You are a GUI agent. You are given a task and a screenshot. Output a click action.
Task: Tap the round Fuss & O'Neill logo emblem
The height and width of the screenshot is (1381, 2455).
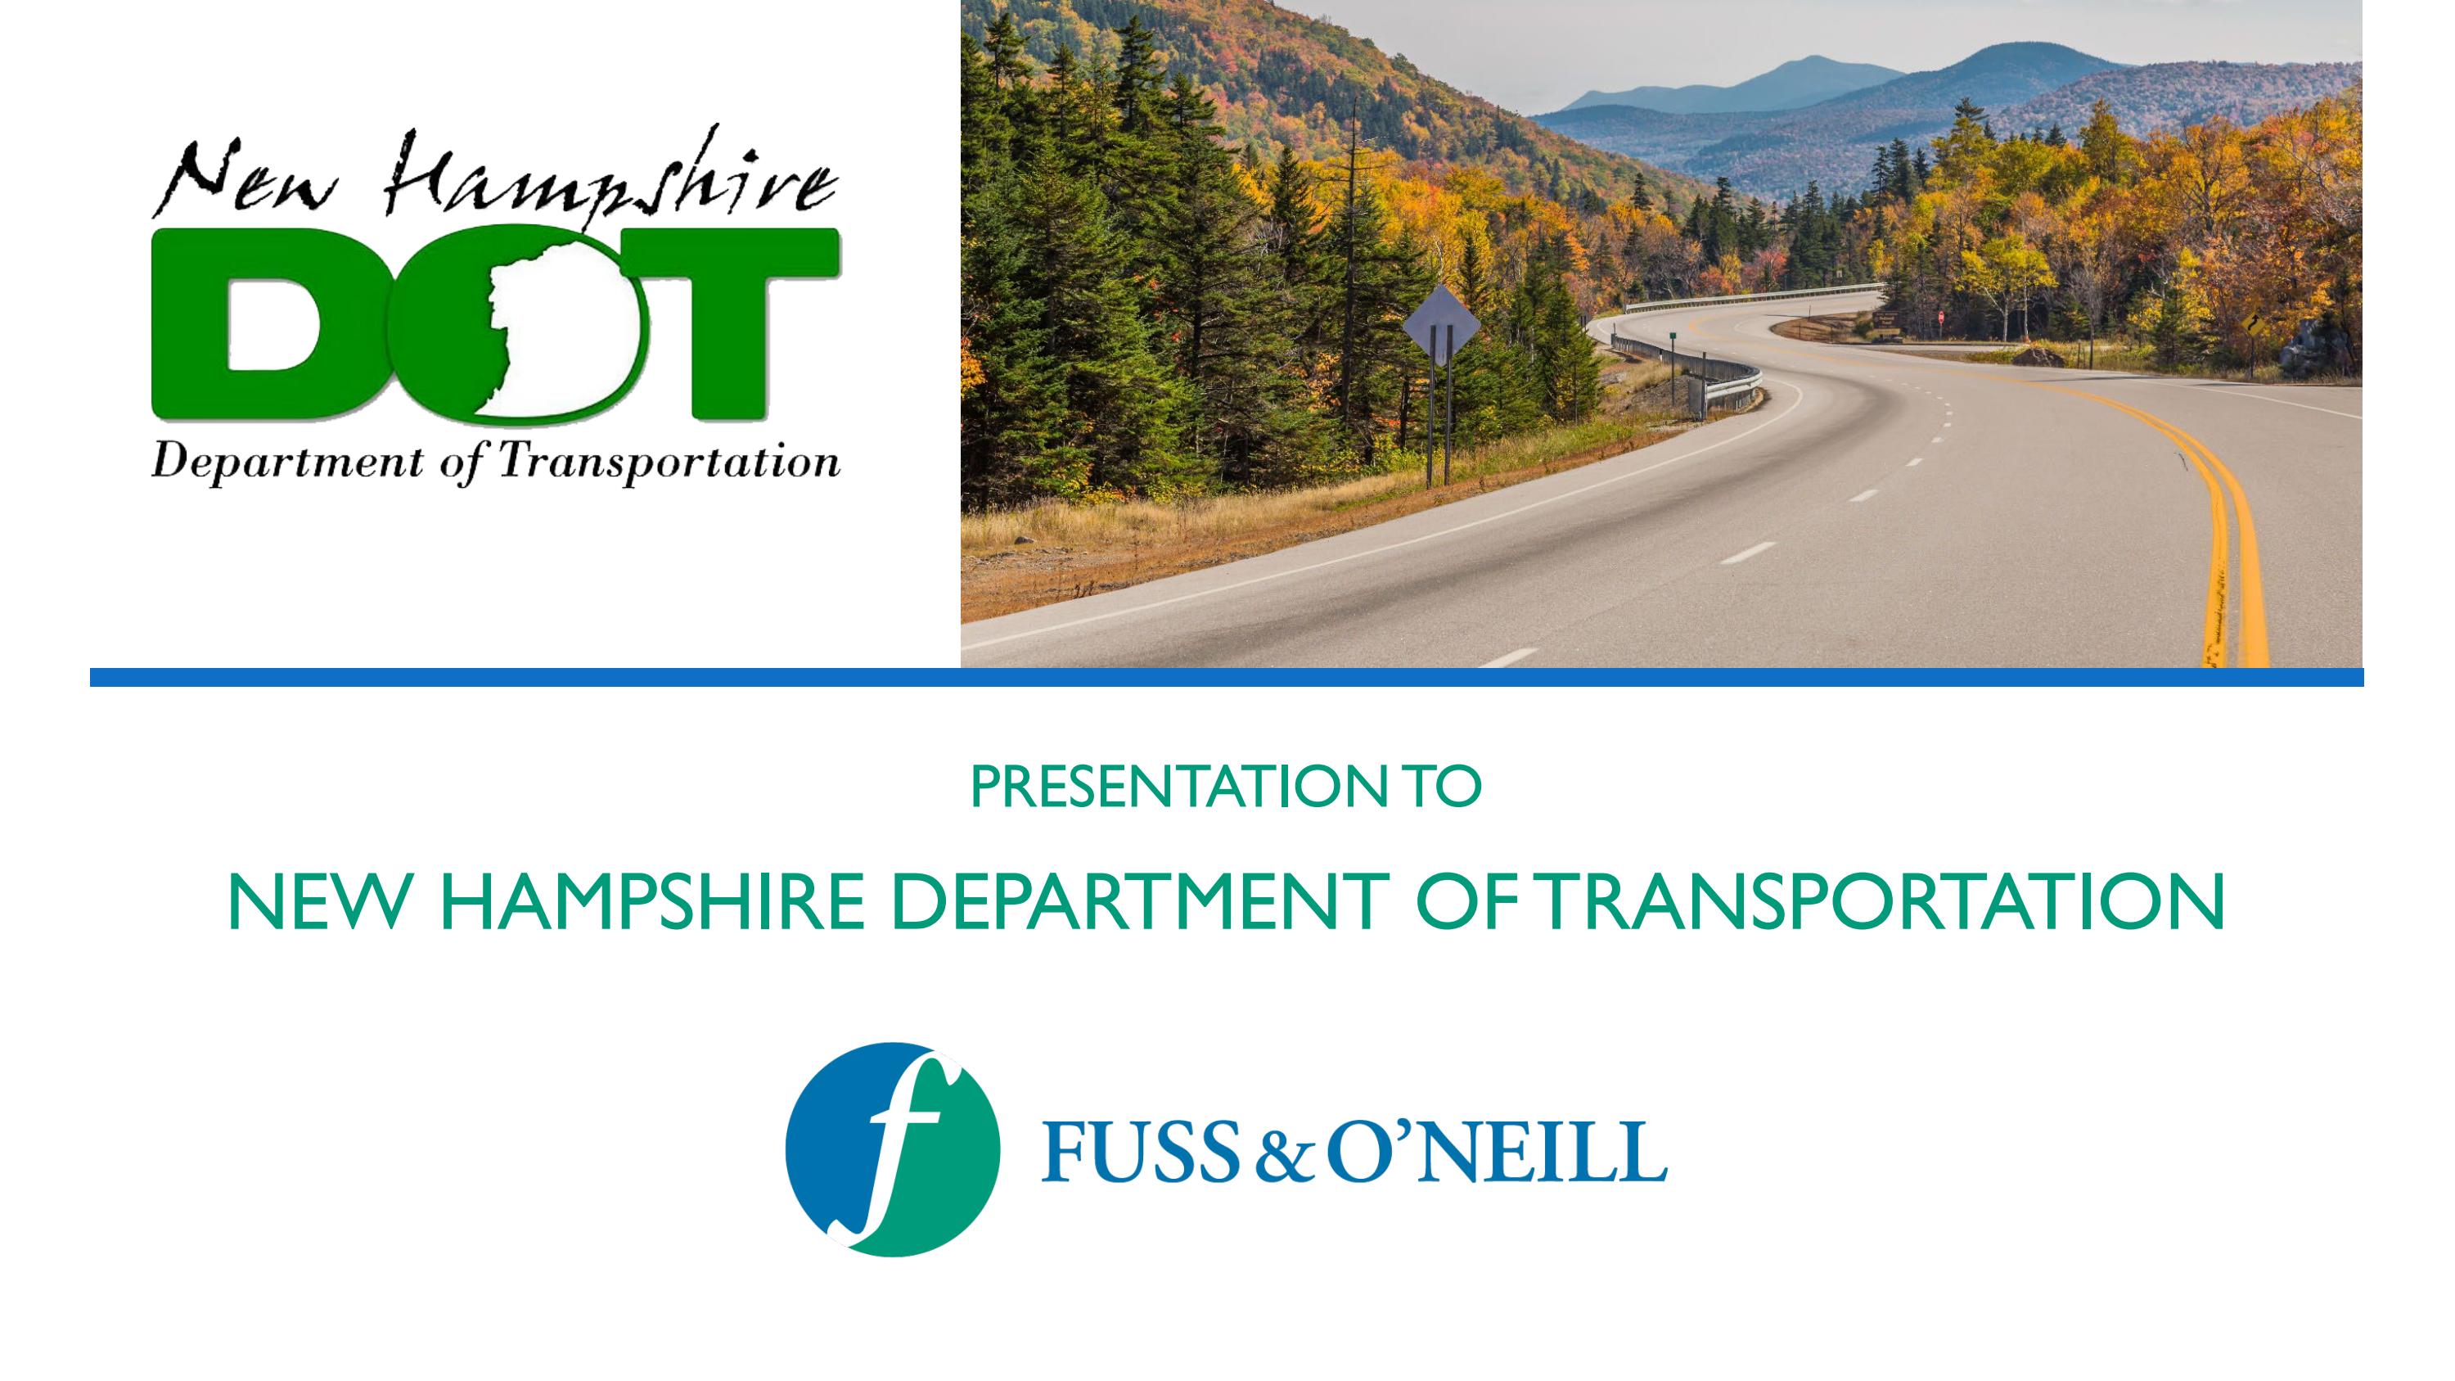click(x=892, y=1149)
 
